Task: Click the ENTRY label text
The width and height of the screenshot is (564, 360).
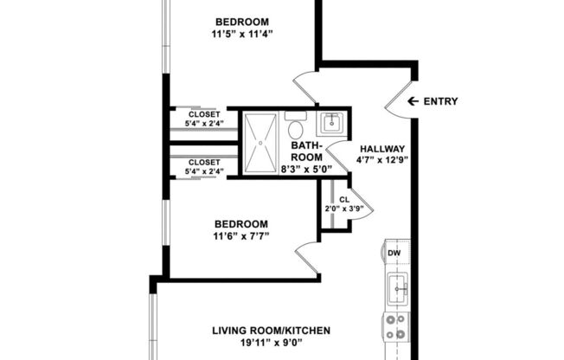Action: pos(440,101)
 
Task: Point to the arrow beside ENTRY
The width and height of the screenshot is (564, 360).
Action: pos(413,101)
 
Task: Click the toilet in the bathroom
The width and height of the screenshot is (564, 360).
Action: pos(295,130)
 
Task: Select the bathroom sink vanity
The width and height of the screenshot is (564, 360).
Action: pos(330,123)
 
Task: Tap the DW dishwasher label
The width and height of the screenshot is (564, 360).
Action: pos(394,254)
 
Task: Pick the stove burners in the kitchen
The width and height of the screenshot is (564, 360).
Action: pos(395,326)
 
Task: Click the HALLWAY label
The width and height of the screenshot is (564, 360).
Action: pos(381,148)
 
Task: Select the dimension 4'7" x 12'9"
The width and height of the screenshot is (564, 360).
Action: pos(381,159)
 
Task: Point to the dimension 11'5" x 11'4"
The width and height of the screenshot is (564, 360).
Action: pos(241,35)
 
